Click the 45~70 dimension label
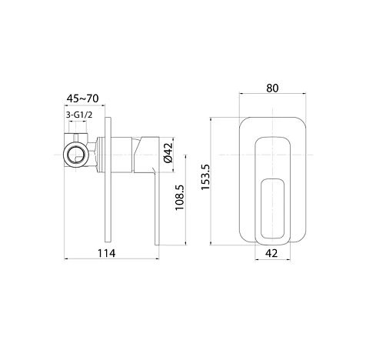82,98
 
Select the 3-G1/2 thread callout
79,115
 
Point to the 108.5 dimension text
180,198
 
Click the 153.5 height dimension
205,177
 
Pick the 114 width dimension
107,253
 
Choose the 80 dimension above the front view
272,88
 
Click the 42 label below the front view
271,253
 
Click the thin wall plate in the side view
108,179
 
